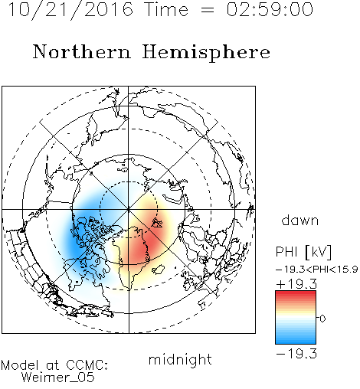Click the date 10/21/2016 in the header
70,10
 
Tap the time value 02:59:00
270,9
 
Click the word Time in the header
166,9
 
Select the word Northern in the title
82,51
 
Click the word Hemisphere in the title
206,53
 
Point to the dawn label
300,220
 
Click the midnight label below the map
180,359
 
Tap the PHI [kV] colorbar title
303,252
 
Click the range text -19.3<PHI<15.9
316,270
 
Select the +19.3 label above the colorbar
296,284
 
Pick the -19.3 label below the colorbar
296,354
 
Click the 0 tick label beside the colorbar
322,319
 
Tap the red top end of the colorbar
296,293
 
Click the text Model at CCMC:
54,365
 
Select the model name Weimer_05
58,377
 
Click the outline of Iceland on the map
159,270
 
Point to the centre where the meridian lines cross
129,209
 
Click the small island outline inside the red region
157,223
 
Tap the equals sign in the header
208,10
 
